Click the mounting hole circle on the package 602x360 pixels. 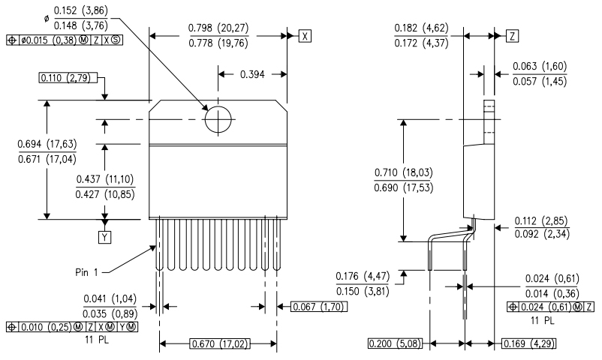tap(218, 119)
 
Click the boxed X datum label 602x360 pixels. tap(305, 36)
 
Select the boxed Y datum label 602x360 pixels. tap(105, 238)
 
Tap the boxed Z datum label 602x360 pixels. tap(511, 36)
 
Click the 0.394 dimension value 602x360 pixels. tap(252, 73)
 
